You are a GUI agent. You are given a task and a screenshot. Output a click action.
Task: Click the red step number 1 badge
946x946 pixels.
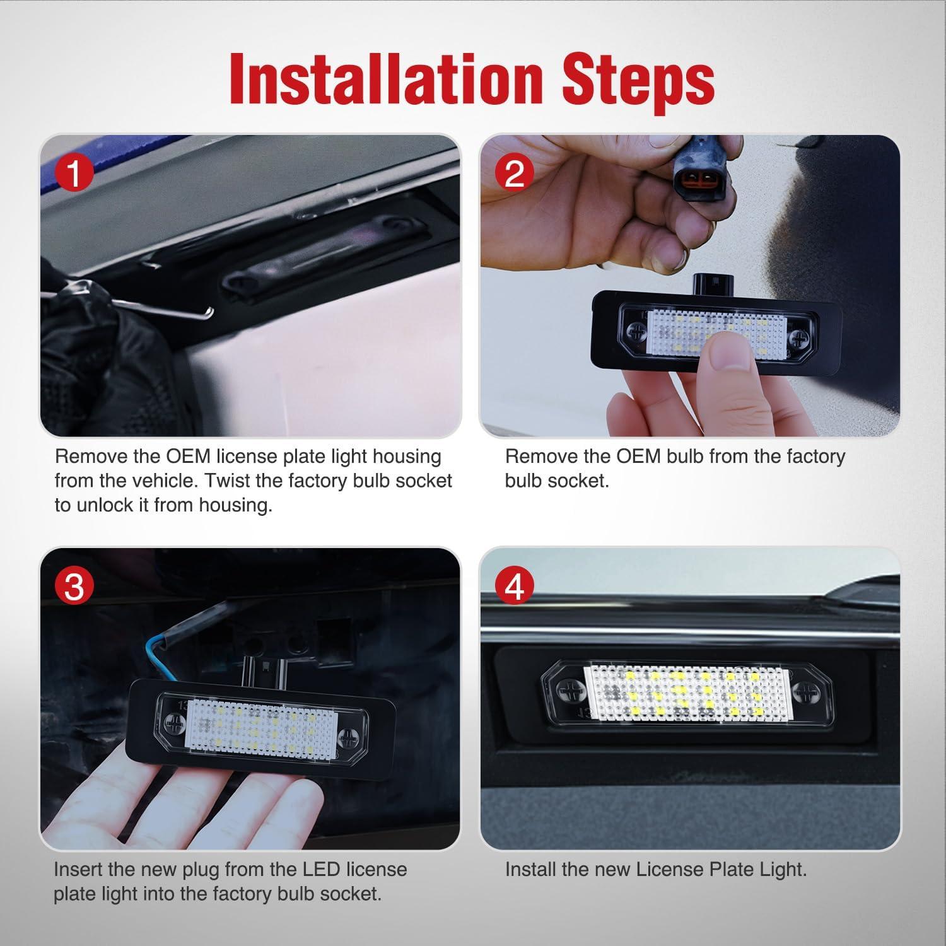[74, 173]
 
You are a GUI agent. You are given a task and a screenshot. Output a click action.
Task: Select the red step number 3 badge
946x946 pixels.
[74, 587]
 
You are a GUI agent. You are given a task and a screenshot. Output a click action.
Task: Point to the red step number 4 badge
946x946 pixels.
[515, 587]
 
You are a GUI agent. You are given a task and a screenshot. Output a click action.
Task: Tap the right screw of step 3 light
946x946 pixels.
[347, 737]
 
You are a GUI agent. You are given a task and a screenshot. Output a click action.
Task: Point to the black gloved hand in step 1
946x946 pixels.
[95, 353]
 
